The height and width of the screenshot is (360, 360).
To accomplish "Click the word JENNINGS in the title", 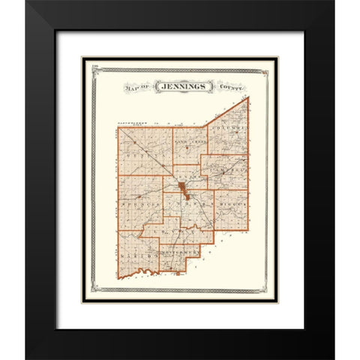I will [x=180, y=87].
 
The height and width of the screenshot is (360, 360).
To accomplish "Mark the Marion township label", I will [x=136, y=257].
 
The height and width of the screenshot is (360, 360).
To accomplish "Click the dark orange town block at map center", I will [x=181, y=187].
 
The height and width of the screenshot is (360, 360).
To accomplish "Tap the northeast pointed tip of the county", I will [x=248, y=97].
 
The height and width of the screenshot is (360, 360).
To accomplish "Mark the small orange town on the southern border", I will [x=178, y=274].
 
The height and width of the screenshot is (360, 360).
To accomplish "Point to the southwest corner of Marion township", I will [x=118, y=274].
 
